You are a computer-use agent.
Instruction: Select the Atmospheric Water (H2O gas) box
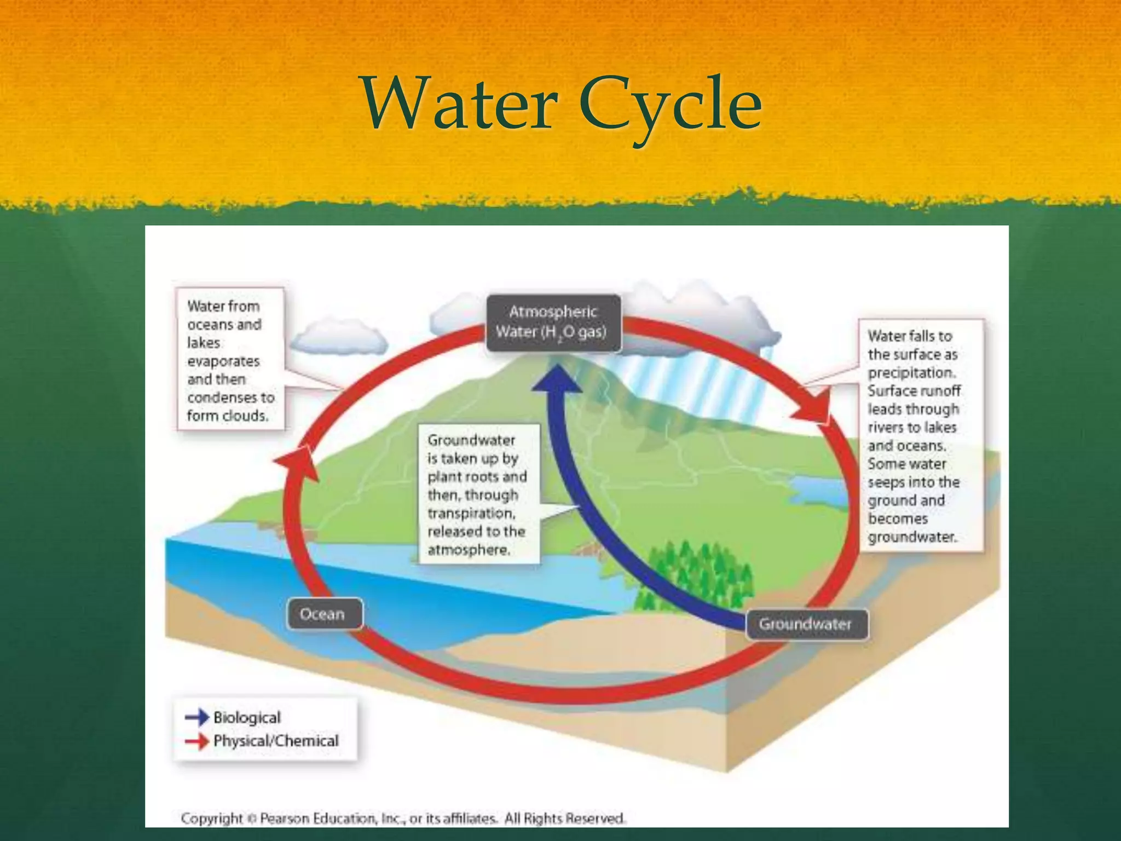click(553, 322)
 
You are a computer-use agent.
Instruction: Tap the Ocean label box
click(323, 614)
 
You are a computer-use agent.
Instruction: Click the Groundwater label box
click(806, 624)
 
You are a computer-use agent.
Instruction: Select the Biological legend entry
click(246, 717)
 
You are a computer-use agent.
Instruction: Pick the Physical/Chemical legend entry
click(275, 741)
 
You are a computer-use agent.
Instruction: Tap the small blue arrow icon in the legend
click(197, 717)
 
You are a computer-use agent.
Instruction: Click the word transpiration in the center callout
click(471, 513)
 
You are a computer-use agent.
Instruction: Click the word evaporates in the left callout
click(223, 361)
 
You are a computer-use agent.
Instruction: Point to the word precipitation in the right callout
click(911, 373)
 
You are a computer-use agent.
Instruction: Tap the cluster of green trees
click(695, 575)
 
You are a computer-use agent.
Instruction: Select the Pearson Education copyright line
click(402, 818)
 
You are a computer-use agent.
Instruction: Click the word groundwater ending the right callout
click(911, 537)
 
